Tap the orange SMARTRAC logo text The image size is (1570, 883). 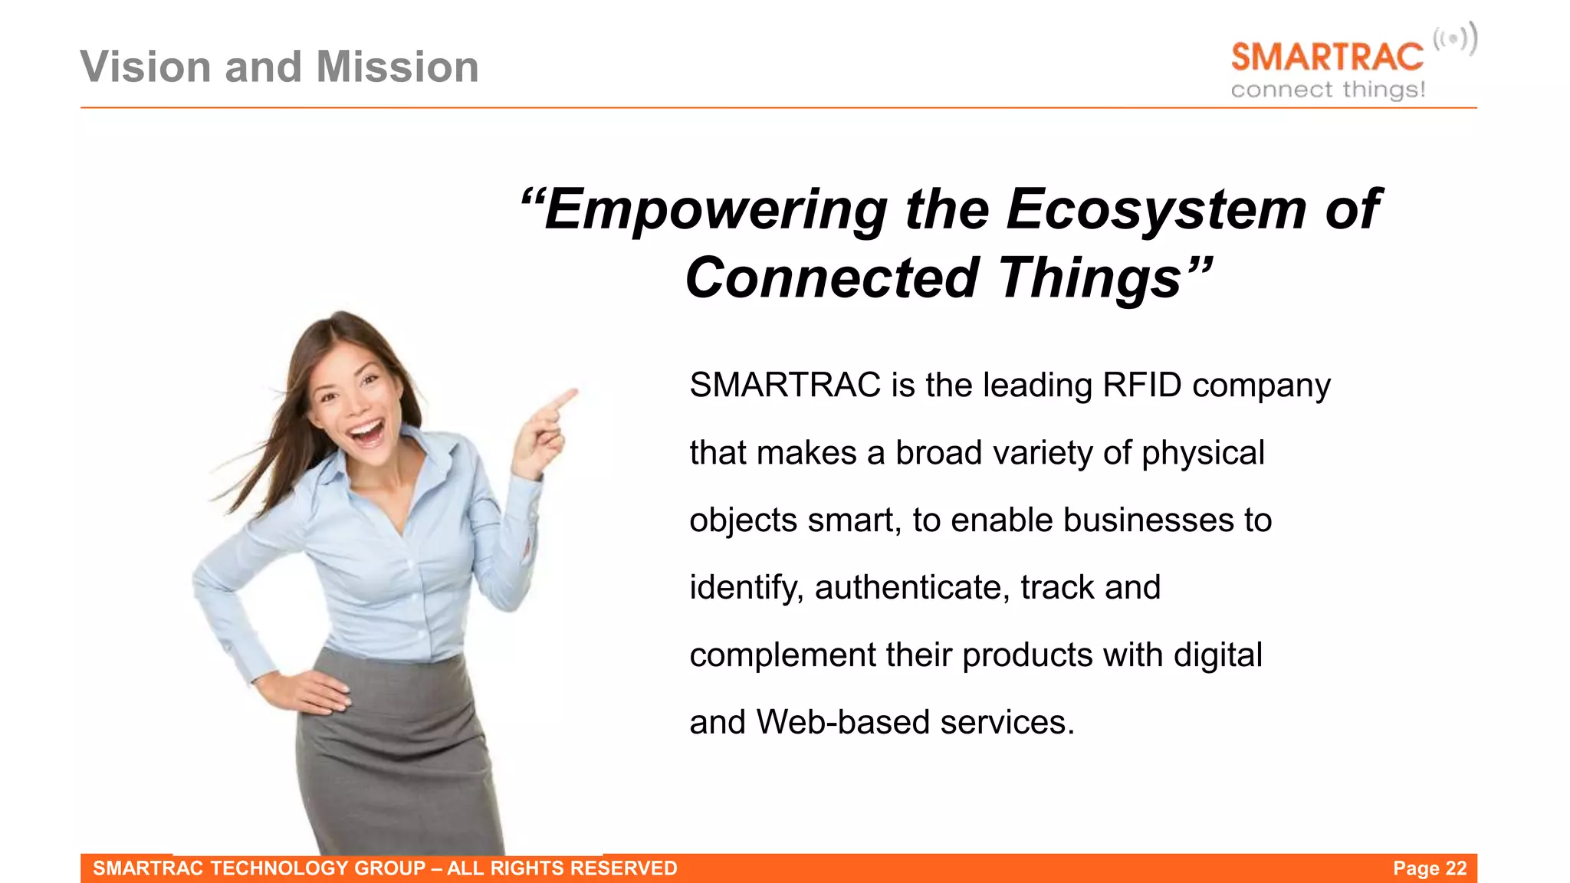click(x=1326, y=58)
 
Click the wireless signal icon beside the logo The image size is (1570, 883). click(x=1454, y=39)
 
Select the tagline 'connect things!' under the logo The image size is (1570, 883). click(x=1327, y=90)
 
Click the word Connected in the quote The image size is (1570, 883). click(x=833, y=277)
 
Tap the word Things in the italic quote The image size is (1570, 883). click(x=1089, y=277)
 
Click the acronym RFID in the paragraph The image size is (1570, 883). click(x=1141, y=385)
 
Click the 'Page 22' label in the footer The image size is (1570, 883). click(x=1429, y=868)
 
